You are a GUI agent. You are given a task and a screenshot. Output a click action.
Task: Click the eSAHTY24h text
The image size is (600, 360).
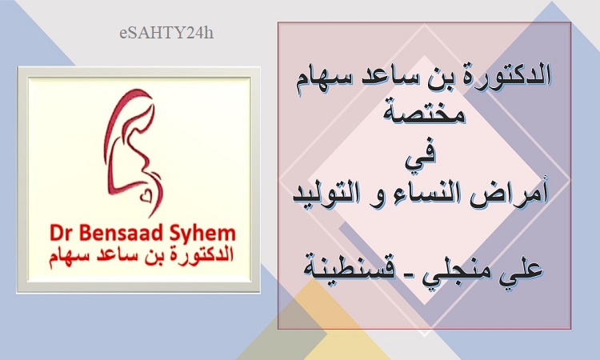pos(166,33)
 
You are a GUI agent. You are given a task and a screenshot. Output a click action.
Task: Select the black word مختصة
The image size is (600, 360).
pos(424,111)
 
